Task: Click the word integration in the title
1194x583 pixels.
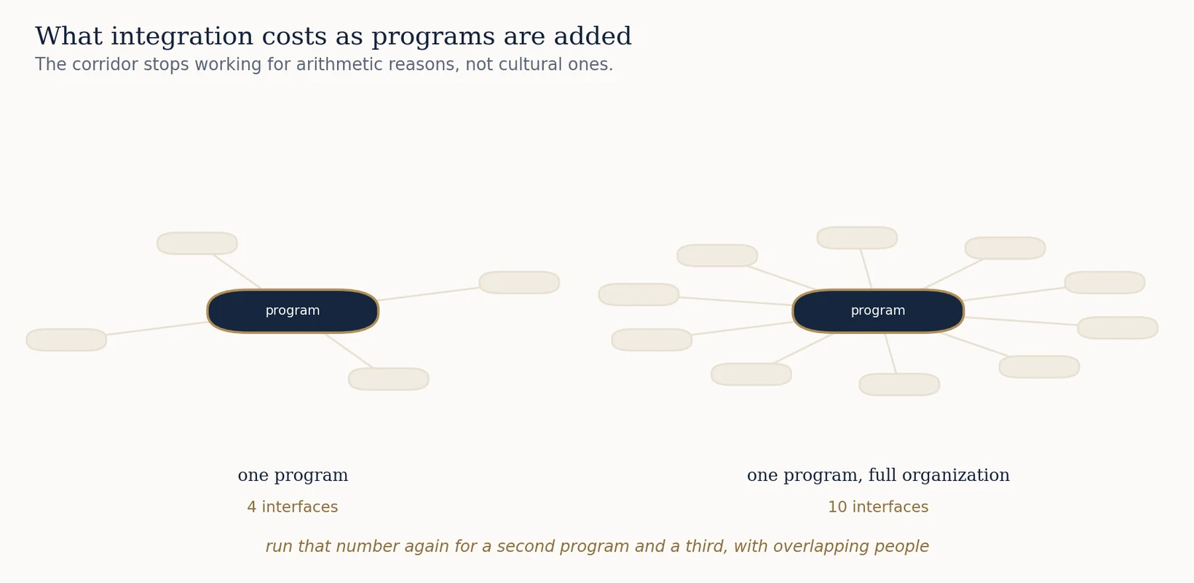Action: pyautogui.click(x=181, y=37)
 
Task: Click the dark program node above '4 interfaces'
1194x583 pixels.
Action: pyautogui.click(x=293, y=311)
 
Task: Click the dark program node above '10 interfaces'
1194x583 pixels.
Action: pyautogui.click(x=878, y=311)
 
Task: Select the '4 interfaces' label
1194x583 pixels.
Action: pyautogui.click(x=293, y=506)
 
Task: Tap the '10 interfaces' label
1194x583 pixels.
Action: pyautogui.click(x=878, y=506)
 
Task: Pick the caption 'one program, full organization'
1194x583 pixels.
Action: pyautogui.click(x=878, y=474)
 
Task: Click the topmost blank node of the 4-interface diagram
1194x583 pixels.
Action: pyautogui.click(x=197, y=243)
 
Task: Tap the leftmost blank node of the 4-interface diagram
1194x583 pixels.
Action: pyautogui.click(x=67, y=340)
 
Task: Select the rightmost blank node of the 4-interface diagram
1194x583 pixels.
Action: pyautogui.click(x=520, y=282)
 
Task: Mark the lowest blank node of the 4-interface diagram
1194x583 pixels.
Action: pyautogui.click(x=389, y=379)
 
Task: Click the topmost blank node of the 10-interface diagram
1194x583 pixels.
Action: pyautogui.click(x=857, y=238)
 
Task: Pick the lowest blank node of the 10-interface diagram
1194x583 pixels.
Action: pyautogui.click(x=899, y=385)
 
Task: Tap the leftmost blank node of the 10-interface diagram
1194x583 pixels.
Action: pyautogui.click(x=638, y=294)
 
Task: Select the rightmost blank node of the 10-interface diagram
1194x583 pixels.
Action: pyautogui.click(x=1118, y=327)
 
